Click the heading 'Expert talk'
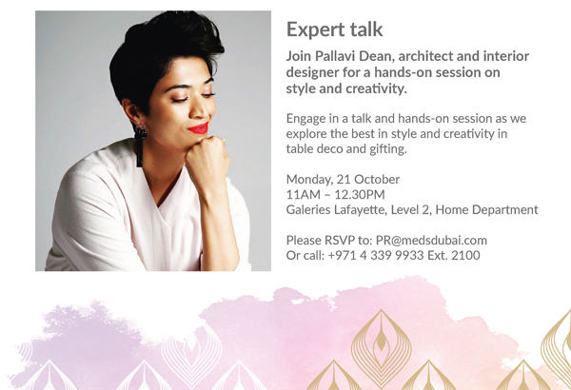[334, 29]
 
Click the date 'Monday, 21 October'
[343, 179]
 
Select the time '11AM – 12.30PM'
[335, 194]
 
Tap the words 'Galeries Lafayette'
[336, 210]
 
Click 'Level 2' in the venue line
[411, 210]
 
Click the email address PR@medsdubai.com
[431, 241]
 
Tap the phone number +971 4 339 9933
[376, 255]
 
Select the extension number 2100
[465, 255]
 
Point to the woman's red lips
[199, 128]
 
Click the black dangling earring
[140, 145]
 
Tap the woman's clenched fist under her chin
[207, 157]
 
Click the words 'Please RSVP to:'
[329, 241]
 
